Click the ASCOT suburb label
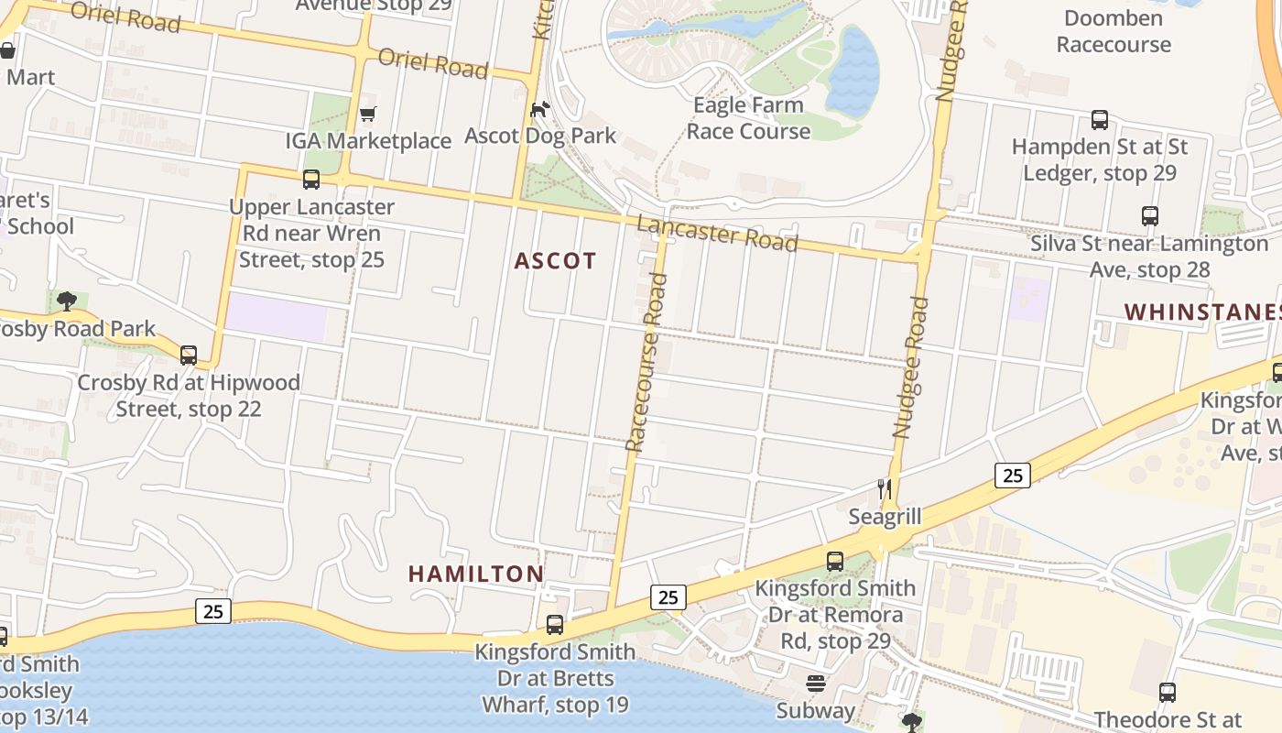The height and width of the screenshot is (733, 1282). point(555,261)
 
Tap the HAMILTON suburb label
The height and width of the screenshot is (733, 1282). point(475,574)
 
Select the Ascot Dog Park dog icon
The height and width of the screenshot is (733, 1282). point(540,110)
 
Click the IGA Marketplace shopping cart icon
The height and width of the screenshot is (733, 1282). point(367,115)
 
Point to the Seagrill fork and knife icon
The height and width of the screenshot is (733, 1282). point(885,489)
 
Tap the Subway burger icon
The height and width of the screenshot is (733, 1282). point(816,684)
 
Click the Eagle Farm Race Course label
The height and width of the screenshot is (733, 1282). point(748,118)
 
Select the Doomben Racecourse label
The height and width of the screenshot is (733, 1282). point(1114,31)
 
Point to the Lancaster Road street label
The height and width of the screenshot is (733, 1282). point(717,233)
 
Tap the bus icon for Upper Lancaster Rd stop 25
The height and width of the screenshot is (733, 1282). point(311,180)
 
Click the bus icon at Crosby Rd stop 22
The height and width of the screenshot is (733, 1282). point(189,356)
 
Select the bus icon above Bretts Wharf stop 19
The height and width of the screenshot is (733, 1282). point(555,625)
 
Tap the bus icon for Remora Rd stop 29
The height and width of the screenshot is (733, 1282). point(835,562)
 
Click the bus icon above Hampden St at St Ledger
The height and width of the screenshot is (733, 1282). point(1100,120)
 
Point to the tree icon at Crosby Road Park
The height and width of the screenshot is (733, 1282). point(66,301)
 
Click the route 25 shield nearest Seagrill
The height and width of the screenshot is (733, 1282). point(1012,475)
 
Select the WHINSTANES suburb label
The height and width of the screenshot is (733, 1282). point(1201,312)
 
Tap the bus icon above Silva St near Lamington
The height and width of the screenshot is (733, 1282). point(1150,216)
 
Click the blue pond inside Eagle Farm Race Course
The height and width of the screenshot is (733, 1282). point(852,73)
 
